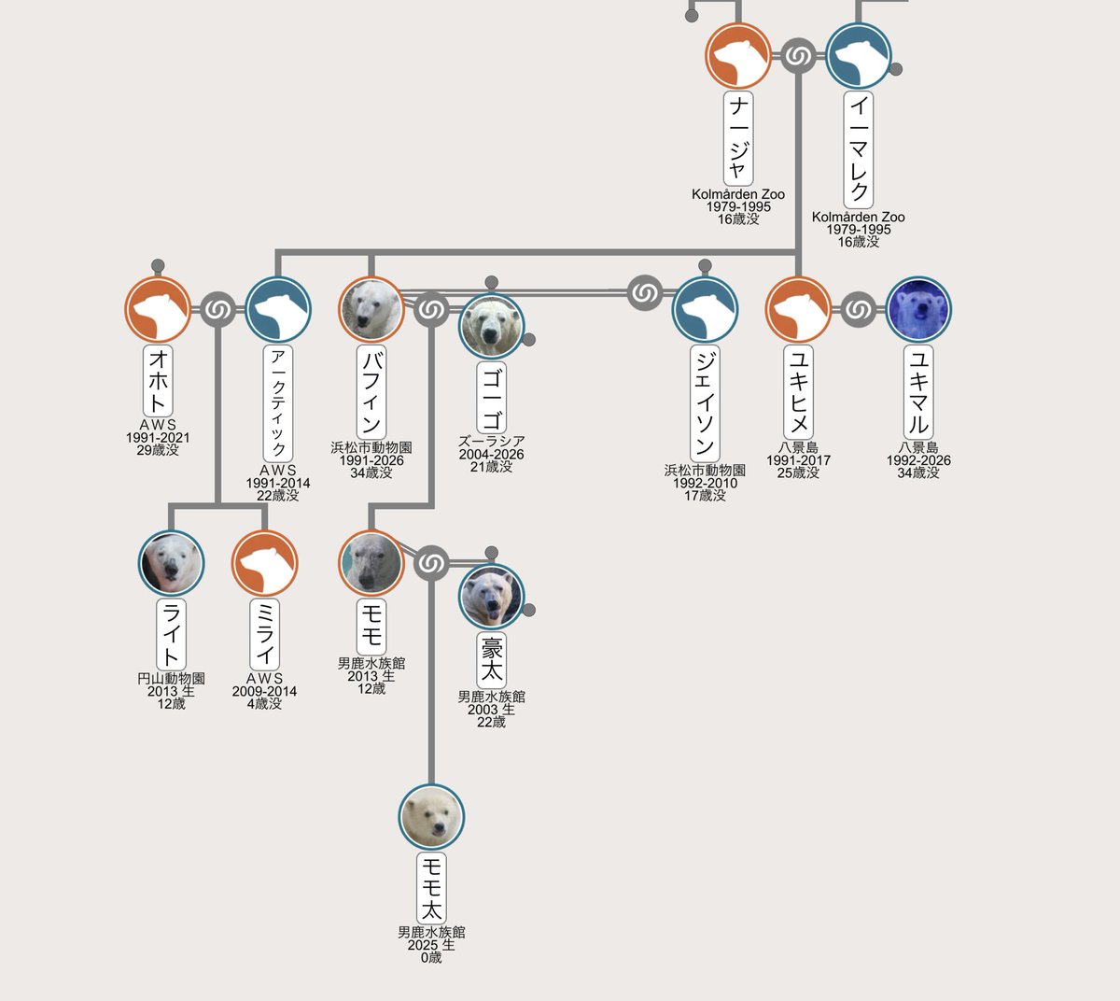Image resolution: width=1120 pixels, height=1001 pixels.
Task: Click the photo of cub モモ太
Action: click(431, 817)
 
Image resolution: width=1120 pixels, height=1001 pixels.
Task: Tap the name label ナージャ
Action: click(738, 138)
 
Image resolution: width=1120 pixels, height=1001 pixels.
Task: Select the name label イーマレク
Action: click(858, 150)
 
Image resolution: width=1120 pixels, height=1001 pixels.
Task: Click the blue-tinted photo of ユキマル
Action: click(918, 309)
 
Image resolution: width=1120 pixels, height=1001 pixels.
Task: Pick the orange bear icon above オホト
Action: click(158, 309)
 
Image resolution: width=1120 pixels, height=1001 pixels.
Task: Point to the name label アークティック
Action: click(277, 403)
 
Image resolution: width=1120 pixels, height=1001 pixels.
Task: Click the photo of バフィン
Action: click(371, 309)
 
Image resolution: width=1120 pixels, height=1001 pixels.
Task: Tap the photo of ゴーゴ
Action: click(491, 326)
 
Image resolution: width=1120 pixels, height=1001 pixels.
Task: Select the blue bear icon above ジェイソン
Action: click(705, 309)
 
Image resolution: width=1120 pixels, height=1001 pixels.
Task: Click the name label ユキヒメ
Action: click(798, 392)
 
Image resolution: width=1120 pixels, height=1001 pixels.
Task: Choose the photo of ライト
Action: click(171, 563)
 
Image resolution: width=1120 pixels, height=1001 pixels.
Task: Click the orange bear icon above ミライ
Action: click(264, 563)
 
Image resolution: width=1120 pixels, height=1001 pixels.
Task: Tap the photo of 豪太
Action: click(491, 596)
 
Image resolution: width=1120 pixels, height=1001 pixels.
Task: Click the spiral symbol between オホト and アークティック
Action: click(217, 309)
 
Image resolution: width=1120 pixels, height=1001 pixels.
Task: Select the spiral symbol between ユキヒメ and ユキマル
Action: click(858, 309)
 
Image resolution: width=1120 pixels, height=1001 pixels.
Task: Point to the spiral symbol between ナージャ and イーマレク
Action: click(798, 55)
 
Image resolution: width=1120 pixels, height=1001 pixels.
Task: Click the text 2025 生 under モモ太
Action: click(431, 945)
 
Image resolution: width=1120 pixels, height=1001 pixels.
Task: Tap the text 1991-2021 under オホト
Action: click(158, 437)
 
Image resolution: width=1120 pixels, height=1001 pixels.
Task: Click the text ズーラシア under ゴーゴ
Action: click(491, 442)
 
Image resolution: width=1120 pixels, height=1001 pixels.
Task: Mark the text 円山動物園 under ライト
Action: click(171, 679)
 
